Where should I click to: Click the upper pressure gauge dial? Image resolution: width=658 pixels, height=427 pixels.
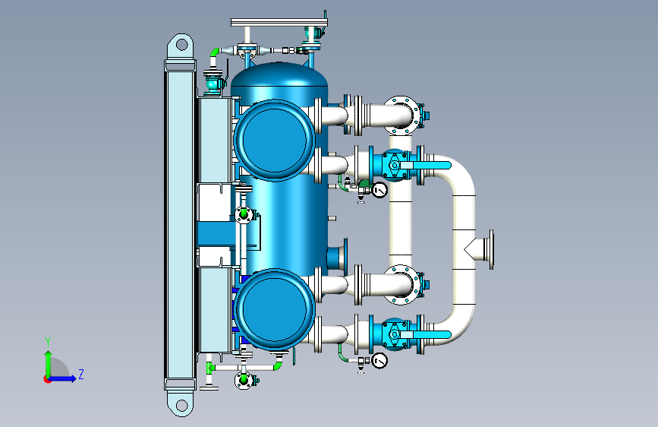coord(379,190)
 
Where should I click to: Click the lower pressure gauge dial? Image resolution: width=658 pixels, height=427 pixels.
coord(379,361)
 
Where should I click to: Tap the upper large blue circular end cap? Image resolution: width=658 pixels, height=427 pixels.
coord(275,140)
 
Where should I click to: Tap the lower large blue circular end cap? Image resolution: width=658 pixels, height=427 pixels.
coord(275,309)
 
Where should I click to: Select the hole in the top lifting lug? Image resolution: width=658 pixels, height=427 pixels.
coord(181,44)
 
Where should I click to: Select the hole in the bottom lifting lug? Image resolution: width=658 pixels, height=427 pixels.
coord(181,406)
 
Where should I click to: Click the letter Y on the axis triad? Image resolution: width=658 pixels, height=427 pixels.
coord(48,342)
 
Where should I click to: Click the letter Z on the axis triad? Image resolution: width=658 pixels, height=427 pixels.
coord(81,374)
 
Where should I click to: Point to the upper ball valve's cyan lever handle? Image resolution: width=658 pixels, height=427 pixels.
coord(425,166)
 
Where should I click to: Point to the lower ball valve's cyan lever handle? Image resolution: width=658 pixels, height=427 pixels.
coord(425,335)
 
